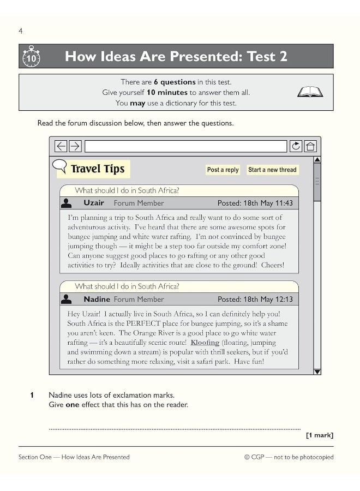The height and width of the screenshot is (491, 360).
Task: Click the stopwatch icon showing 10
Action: tap(31, 56)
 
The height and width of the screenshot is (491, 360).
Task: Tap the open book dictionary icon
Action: tap(310, 92)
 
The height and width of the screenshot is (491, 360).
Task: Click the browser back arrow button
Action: tap(61, 146)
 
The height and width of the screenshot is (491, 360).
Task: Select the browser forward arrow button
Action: tap(75, 146)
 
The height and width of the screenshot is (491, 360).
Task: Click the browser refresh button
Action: tap(296, 146)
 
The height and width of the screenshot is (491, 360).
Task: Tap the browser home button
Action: tap(310, 146)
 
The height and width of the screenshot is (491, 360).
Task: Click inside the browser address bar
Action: tap(185, 146)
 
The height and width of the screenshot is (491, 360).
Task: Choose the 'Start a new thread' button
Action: tap(272, 170)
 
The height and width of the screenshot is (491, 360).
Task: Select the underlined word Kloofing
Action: tap(205, 343)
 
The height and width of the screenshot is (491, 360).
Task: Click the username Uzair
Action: tap(94, 203)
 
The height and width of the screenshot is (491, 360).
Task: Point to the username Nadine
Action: tap(97, 299)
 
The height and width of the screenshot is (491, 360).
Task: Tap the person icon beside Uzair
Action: tap(67, 203)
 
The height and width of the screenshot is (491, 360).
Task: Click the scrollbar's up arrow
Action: tap(317, 160)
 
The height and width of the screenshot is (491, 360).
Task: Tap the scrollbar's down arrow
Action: tap(317, 372)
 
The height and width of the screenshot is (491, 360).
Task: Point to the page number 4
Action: tap(21, 31)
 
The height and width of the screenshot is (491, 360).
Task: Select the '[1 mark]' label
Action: tap(320, 435)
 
